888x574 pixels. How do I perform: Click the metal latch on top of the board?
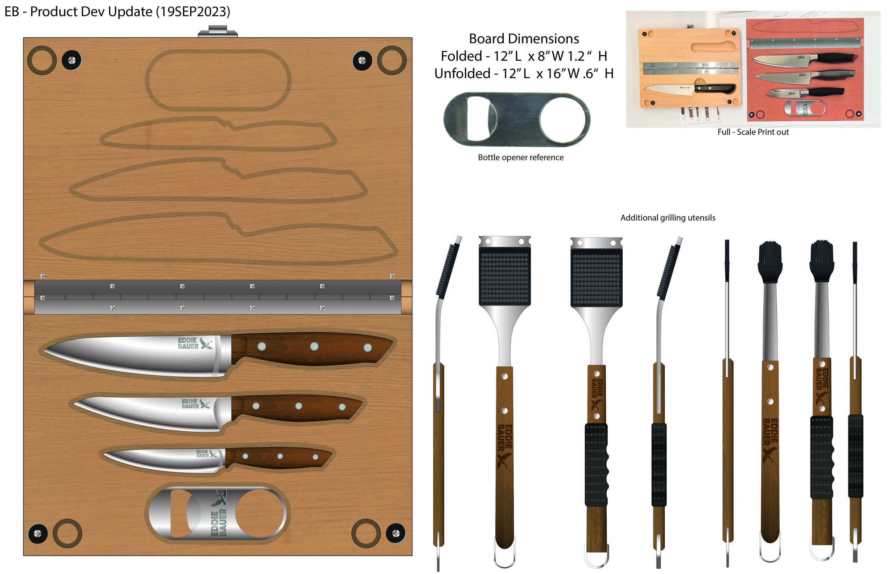click(x=217, y=31)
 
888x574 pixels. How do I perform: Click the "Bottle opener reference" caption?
click(x=520, y=157)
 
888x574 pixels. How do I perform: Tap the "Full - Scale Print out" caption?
click(x=753, y=132)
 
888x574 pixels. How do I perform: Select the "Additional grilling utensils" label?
click(x=667, y=218)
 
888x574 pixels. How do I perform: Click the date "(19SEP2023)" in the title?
click(x=193, y=12)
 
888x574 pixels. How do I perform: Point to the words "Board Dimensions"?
click(x=524, y=39)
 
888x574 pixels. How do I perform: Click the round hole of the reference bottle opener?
click(x=564, y=119)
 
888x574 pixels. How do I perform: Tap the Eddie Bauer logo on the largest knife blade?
click(x=195, y=343)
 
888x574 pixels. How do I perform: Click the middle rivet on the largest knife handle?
click(x=314, y=347)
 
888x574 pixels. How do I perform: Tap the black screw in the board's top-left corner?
click(x=72, y=60)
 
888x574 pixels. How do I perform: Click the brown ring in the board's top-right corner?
click(x=392, y=60)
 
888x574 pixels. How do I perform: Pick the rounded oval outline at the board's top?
click(x=218, y=80)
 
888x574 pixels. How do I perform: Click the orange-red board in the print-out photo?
click(x=805, y=69)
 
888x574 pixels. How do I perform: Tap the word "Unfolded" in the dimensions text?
click(x=462, y=73)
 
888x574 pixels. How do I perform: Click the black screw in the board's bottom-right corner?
click(x=395, y=533)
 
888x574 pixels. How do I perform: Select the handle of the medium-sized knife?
click(x=298, y=407)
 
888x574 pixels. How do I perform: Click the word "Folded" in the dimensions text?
click(x=461, y=56)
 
